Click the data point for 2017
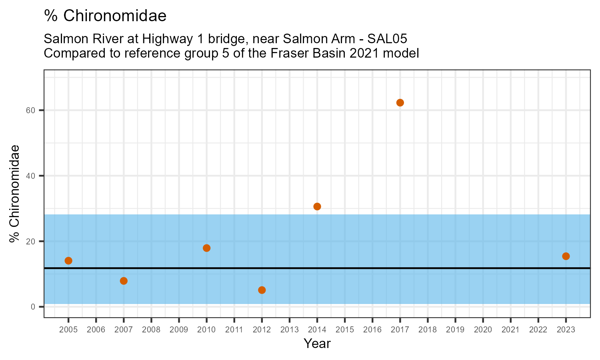400,103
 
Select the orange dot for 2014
317,206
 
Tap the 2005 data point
68,261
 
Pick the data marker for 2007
124,281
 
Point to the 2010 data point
206,248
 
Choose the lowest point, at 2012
262,290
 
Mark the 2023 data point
566,256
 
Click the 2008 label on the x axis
151,330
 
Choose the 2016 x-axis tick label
372,330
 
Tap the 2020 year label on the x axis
483,330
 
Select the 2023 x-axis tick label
566,330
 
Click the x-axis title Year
317,344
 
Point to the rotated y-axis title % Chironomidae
15,194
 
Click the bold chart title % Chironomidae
105,16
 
